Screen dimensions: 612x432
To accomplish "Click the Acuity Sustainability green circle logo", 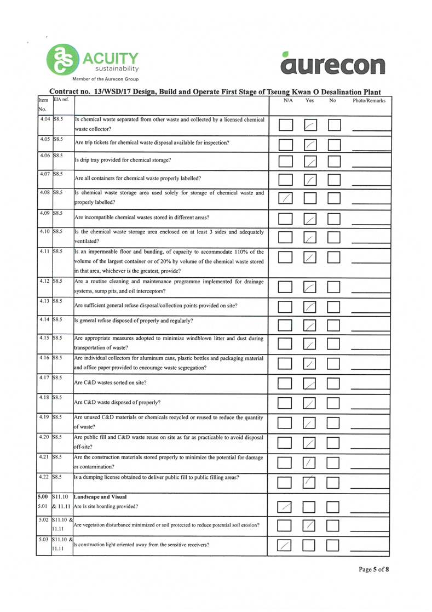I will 61,60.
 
